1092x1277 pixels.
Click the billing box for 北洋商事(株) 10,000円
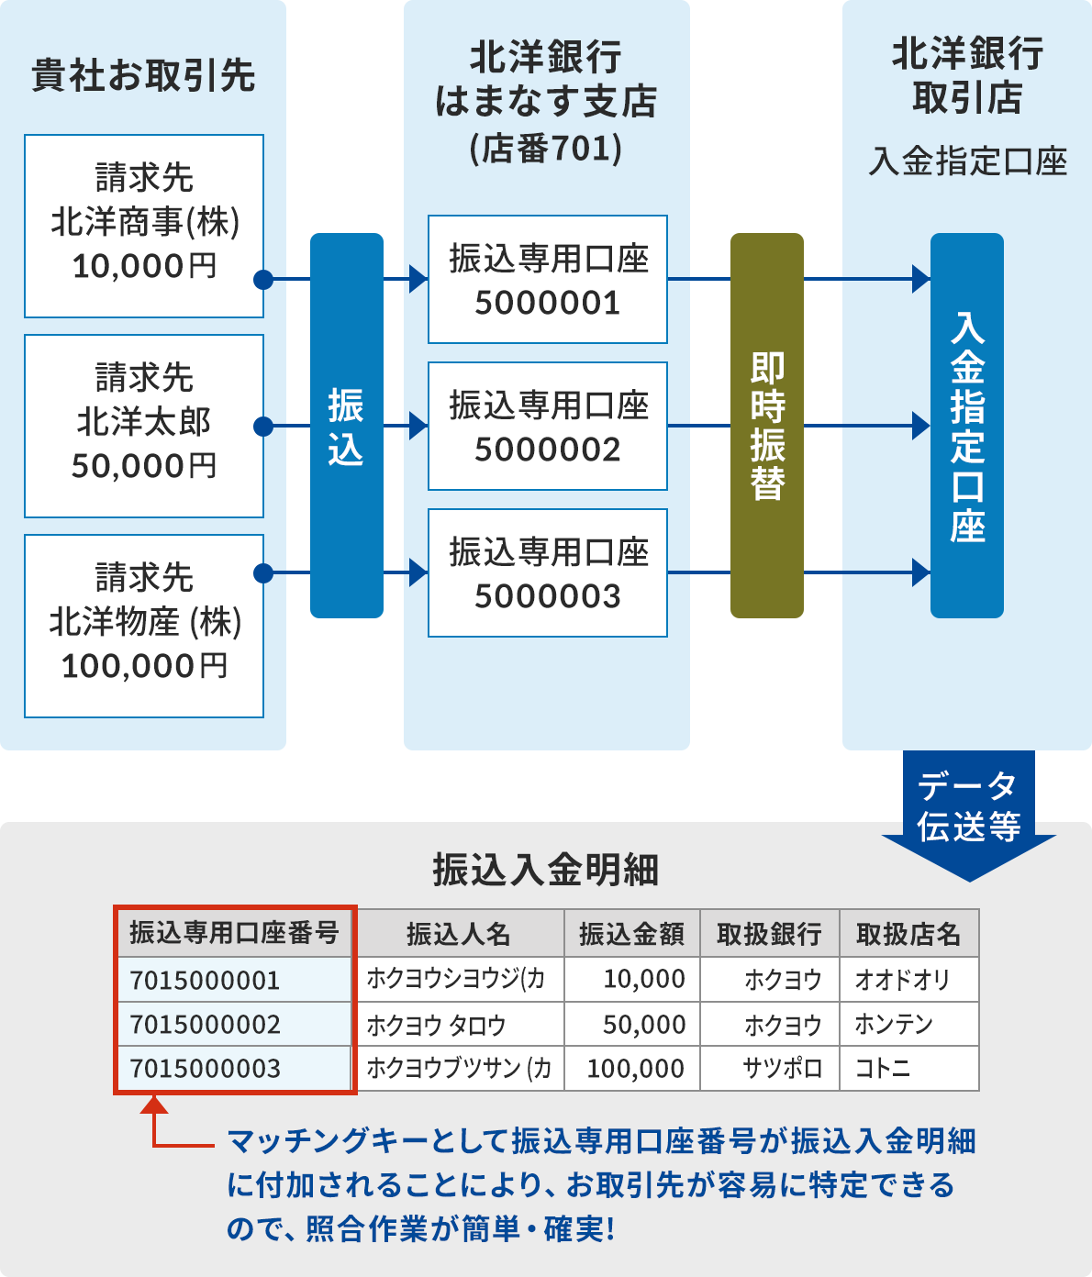click(144, 226)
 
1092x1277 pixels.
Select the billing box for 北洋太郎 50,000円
click(144, 426)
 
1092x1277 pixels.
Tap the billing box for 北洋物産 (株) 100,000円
click(144, 626)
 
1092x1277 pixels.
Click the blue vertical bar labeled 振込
click(346, 425)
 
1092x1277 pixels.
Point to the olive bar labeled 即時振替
click(766, 425)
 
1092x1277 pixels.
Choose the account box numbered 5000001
click(548, 280)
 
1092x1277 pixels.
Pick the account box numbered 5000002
click(548, 427)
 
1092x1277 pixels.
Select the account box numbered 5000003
click(548, 573)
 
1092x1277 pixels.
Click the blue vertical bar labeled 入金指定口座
click(967, 425)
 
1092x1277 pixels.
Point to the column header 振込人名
click(459, 934)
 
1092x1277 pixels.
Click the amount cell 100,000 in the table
click(635, 1069)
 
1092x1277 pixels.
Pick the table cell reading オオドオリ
click(903, 980)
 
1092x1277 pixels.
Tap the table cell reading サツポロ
click(782, 1069)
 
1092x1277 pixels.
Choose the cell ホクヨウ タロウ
click(437, 1025)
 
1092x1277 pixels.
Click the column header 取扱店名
click(908, 934)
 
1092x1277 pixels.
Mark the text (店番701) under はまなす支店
click(546, 148)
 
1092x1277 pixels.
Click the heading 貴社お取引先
click(144, 75)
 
